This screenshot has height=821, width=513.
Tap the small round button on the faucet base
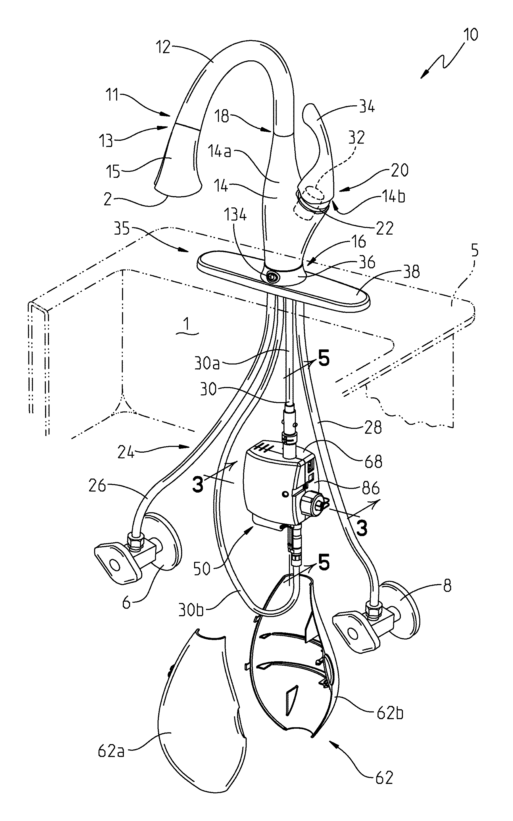pos(272,277)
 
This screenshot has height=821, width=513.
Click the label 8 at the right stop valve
pos(448,586)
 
